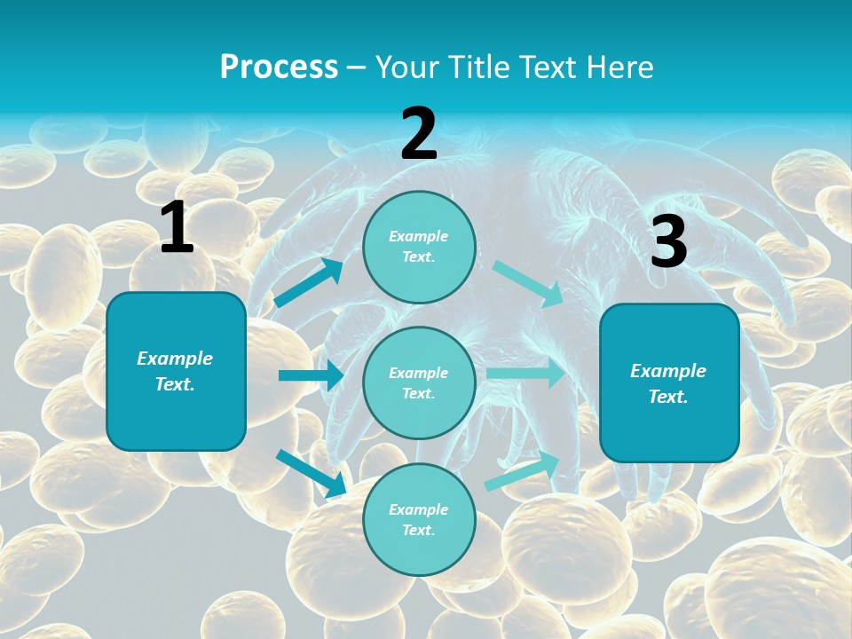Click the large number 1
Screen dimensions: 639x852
pos(177,228)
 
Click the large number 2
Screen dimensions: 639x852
pos(419,134)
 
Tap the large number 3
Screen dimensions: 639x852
pos(668,242)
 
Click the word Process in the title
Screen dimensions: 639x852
pos(279,67)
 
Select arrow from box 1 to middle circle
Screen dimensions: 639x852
pos(311,375)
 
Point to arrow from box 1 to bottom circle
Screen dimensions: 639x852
pos(311,472)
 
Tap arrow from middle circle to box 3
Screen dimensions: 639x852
pos(525,374)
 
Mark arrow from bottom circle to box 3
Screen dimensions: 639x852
pos(522,471)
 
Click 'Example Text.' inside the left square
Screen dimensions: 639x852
pos(175,371)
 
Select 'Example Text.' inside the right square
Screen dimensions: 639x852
pos(668,383)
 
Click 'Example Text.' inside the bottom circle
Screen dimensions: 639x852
pos(418,519)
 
